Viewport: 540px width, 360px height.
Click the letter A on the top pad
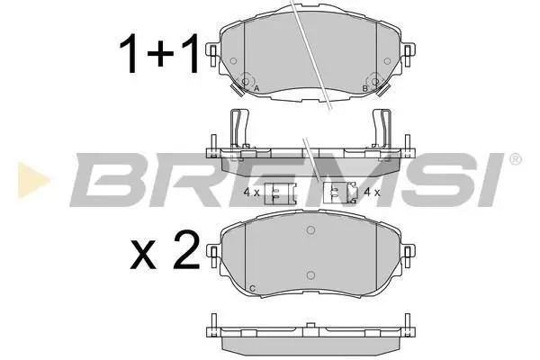256,88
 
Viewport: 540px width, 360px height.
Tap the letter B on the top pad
365,88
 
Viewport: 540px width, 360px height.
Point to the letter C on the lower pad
252,288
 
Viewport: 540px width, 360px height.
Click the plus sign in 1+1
160,54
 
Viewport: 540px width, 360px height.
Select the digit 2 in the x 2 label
186,249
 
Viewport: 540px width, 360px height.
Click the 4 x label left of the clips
251,193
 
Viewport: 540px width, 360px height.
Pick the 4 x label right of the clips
373,192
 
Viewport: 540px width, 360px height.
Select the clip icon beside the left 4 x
280,193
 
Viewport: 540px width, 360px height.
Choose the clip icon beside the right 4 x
341,193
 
